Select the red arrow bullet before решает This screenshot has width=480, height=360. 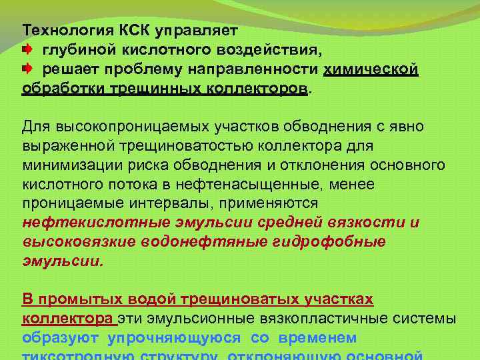click(29, 69)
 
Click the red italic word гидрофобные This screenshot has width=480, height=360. click(329, 241)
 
